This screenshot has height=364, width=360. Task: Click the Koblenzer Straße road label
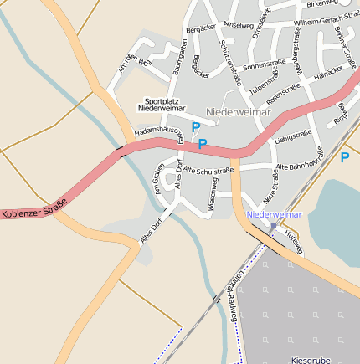tap(33, 214)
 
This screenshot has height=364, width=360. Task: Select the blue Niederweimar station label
tap(275, 214)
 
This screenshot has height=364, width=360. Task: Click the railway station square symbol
tap(273, 225)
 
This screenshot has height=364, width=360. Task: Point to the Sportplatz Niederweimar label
tap(162, 104)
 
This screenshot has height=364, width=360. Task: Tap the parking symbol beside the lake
tap(344, 156)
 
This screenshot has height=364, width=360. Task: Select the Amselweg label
tap(239, 26)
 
